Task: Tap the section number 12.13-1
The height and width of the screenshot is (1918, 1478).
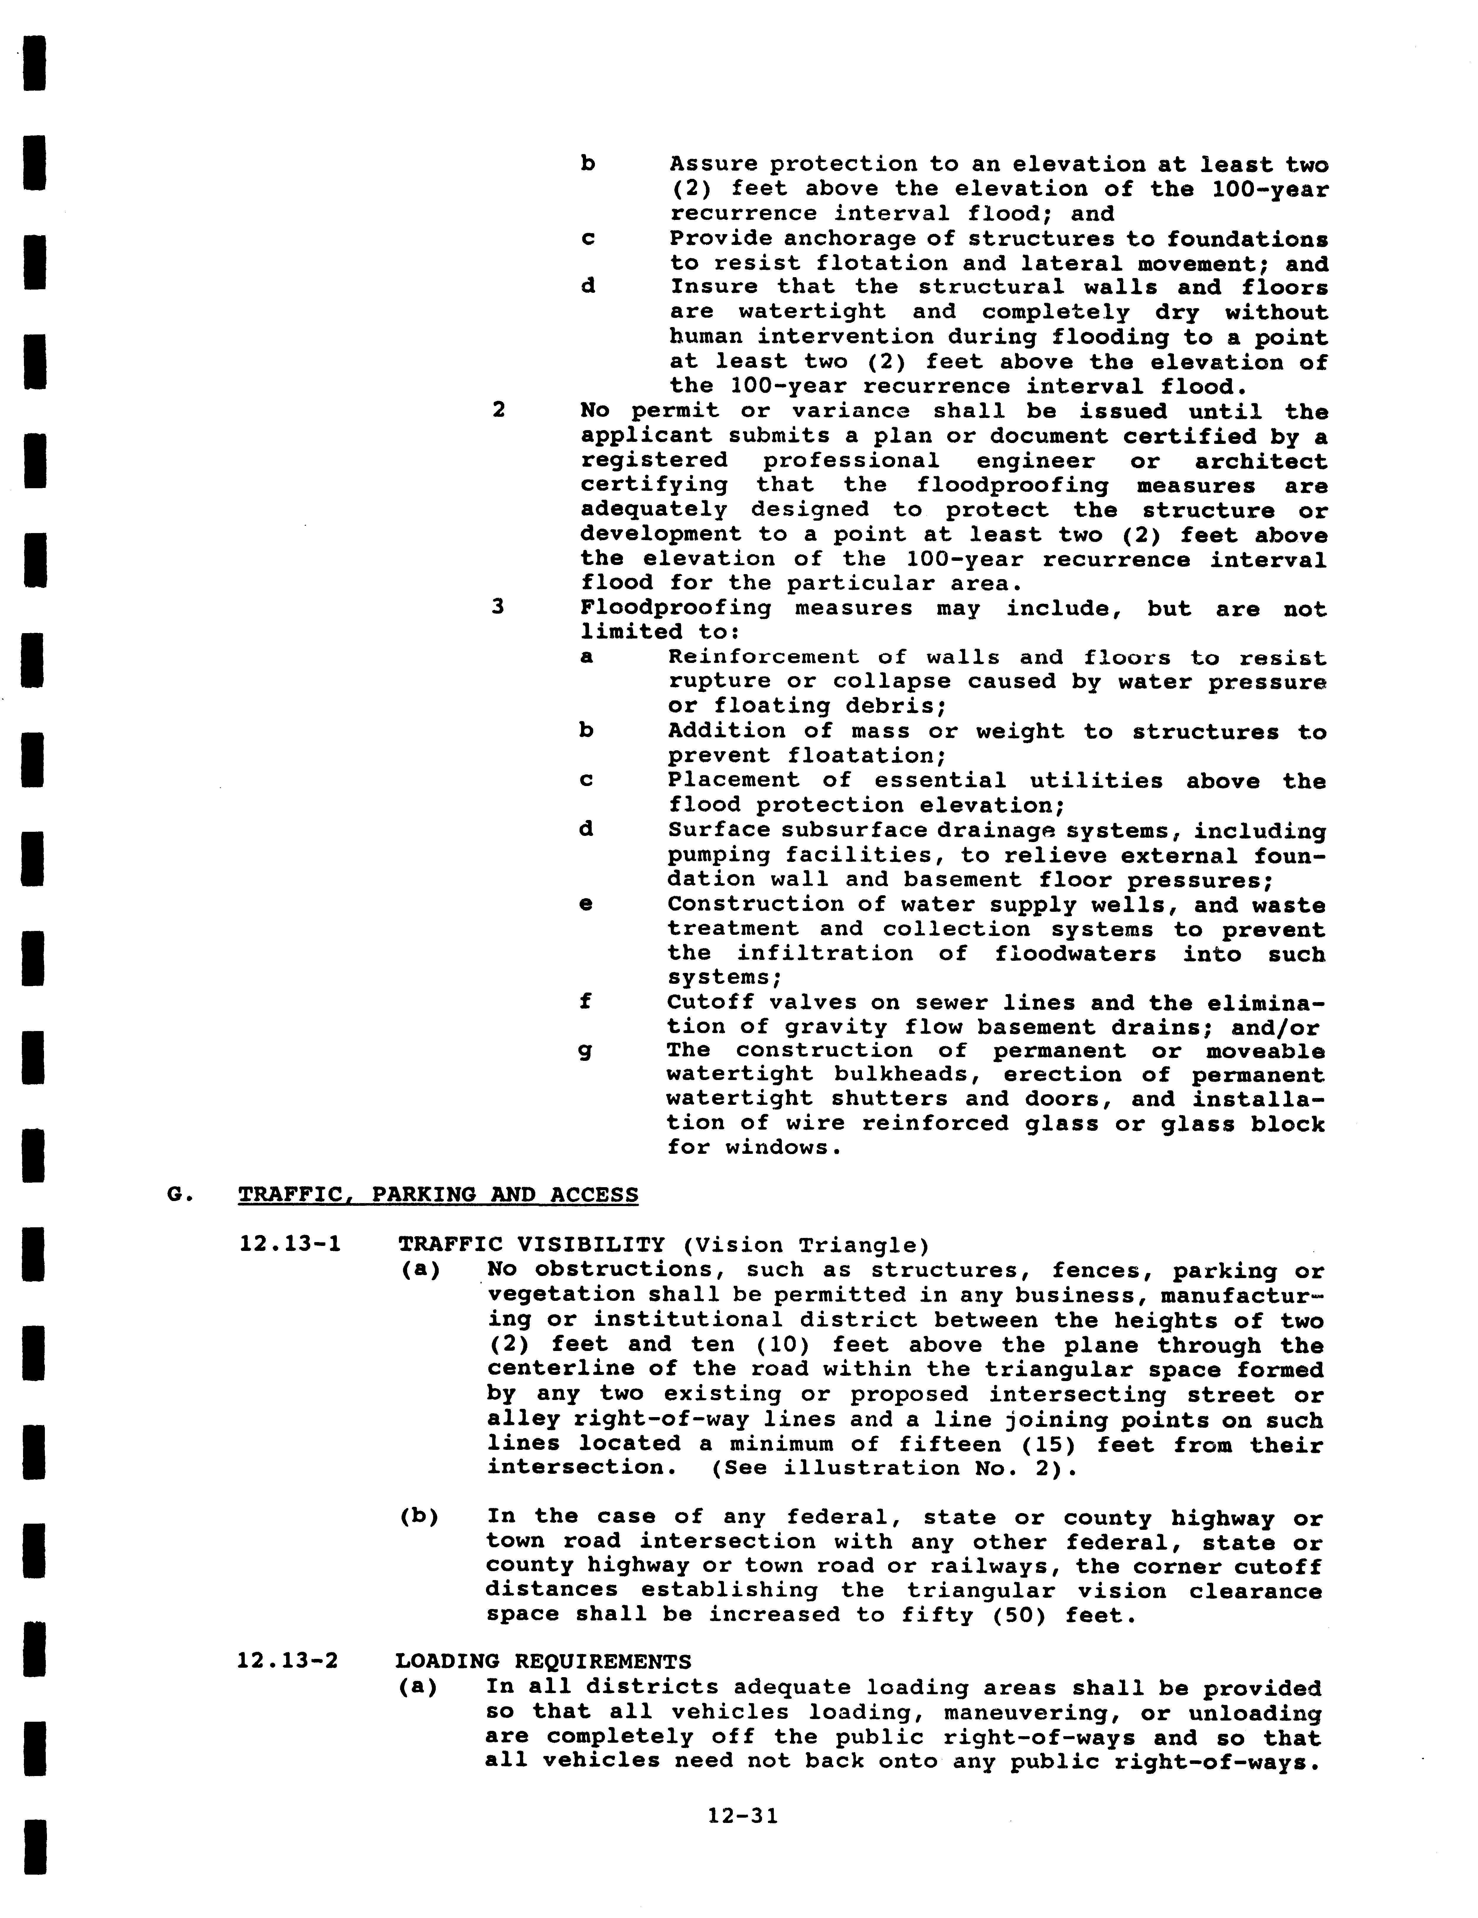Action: pyautogui.click(x=290, y=1244)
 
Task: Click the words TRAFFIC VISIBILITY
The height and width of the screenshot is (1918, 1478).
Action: pyautogui.click(x=531, y=1244)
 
